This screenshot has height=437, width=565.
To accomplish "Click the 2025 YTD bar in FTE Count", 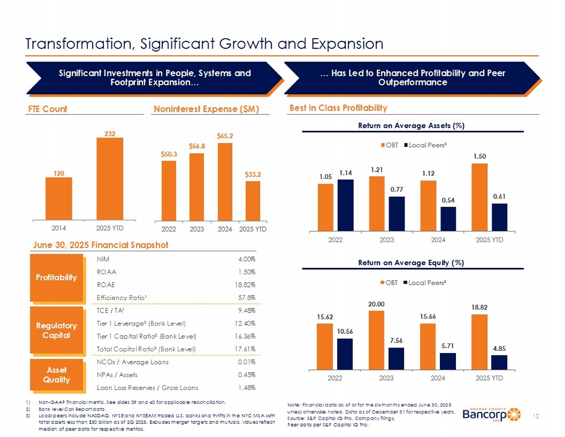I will click(110, 178).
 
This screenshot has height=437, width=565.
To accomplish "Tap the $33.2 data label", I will click(253, 174).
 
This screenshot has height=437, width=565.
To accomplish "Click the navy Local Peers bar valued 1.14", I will click(346, 205).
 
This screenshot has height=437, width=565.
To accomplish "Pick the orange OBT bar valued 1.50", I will click(479, 197).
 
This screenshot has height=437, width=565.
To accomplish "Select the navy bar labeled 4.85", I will click(499, 362).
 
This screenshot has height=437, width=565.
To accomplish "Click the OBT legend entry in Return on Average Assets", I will click(389, 145).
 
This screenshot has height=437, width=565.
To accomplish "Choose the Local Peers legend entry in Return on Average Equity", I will click(425, 283).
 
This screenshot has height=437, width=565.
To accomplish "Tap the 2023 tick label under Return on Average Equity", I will click(386, 378).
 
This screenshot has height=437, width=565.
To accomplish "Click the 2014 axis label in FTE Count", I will click(59, 228).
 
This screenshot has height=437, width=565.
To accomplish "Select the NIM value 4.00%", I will click(246, 259).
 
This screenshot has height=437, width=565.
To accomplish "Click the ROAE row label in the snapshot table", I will click(106, 285).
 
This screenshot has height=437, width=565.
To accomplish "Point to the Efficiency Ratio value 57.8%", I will click(247, 298).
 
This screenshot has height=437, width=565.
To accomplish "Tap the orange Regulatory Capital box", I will click(56, 330).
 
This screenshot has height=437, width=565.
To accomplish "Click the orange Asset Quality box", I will click(56, 374).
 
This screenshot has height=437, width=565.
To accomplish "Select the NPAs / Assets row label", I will click(117, 375).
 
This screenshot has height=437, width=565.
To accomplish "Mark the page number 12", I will click(536, 416).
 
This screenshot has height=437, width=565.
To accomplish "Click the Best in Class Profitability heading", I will click(338, 108).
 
